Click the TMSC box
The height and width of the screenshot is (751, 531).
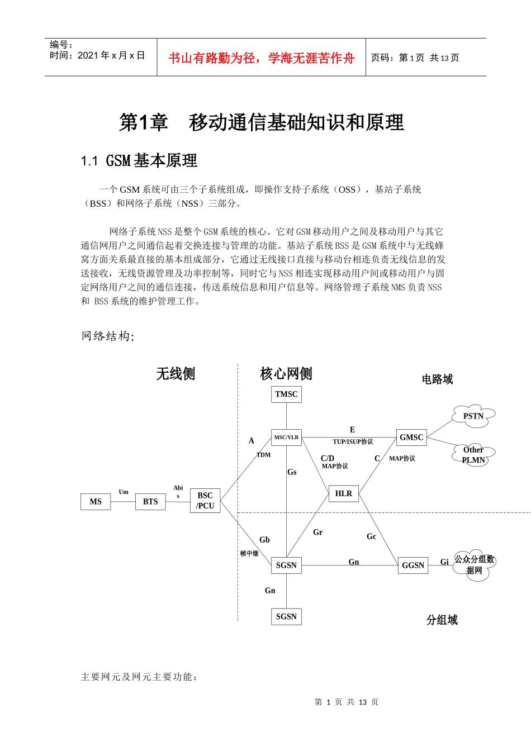(x=286, y=394)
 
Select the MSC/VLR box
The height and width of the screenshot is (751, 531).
(x=286, y=438)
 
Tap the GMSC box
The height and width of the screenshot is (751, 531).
(x=411, y=438)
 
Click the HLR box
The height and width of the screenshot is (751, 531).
(x=343, y=493)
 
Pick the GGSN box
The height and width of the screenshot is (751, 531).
(x=413, y=565)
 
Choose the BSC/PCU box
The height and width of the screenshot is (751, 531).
(x=205, y=501)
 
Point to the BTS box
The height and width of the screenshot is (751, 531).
(x=150, y=502)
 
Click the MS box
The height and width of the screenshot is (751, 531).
(x=96, y=502)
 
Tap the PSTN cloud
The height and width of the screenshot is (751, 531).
(x=473, y=416)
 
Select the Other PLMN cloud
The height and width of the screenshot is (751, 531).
(x=473, y=455)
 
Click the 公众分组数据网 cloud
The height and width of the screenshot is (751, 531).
(x=474, y=565)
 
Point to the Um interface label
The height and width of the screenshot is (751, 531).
(x=124, y=492)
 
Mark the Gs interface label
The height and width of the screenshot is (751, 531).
(x=292, y=472)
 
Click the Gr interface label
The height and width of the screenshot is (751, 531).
(x=317, y=533)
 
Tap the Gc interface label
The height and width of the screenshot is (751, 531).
(x=371, y=536)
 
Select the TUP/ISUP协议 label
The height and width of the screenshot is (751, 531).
(x=353, y=442)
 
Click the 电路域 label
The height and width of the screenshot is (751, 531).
(x=437, y=379)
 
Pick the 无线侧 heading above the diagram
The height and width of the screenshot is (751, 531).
(x=176, y=374)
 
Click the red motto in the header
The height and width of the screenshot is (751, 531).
(x=261, y=58)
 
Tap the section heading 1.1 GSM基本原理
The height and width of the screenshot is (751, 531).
(x=139, y=161)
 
